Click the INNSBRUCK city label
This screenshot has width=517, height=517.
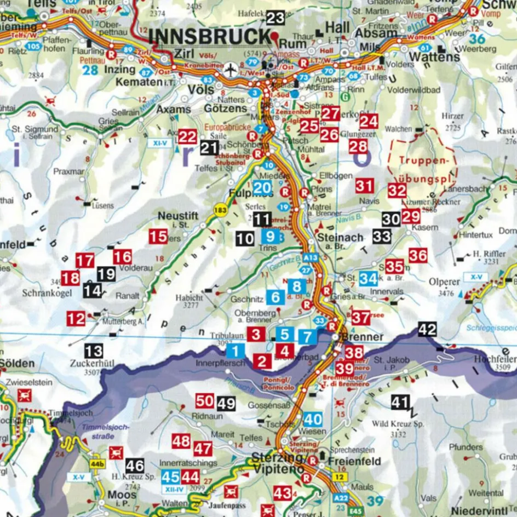click(x=209, y=36)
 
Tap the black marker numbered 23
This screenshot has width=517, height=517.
click(x=275, y=18)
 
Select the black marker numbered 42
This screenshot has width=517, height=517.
click(x=427, y=329)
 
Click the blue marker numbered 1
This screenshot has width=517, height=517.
click(x=235, y=352)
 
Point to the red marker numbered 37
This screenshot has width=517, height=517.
click(x=361, y=317)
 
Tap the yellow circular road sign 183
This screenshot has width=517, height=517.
click(x=220, y=211)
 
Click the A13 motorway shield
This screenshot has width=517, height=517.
click(x=310, y=257)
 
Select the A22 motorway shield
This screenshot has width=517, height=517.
click(x=341, y=497)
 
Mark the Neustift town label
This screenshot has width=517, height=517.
click(x=177, y=216)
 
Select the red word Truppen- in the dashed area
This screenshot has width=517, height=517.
click(x=420, y=162)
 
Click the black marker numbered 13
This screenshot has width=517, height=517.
click(x=94, y=351)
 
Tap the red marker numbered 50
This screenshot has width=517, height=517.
click(x=204, y=401)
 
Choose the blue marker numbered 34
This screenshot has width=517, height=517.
click(x=368, y=279)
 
